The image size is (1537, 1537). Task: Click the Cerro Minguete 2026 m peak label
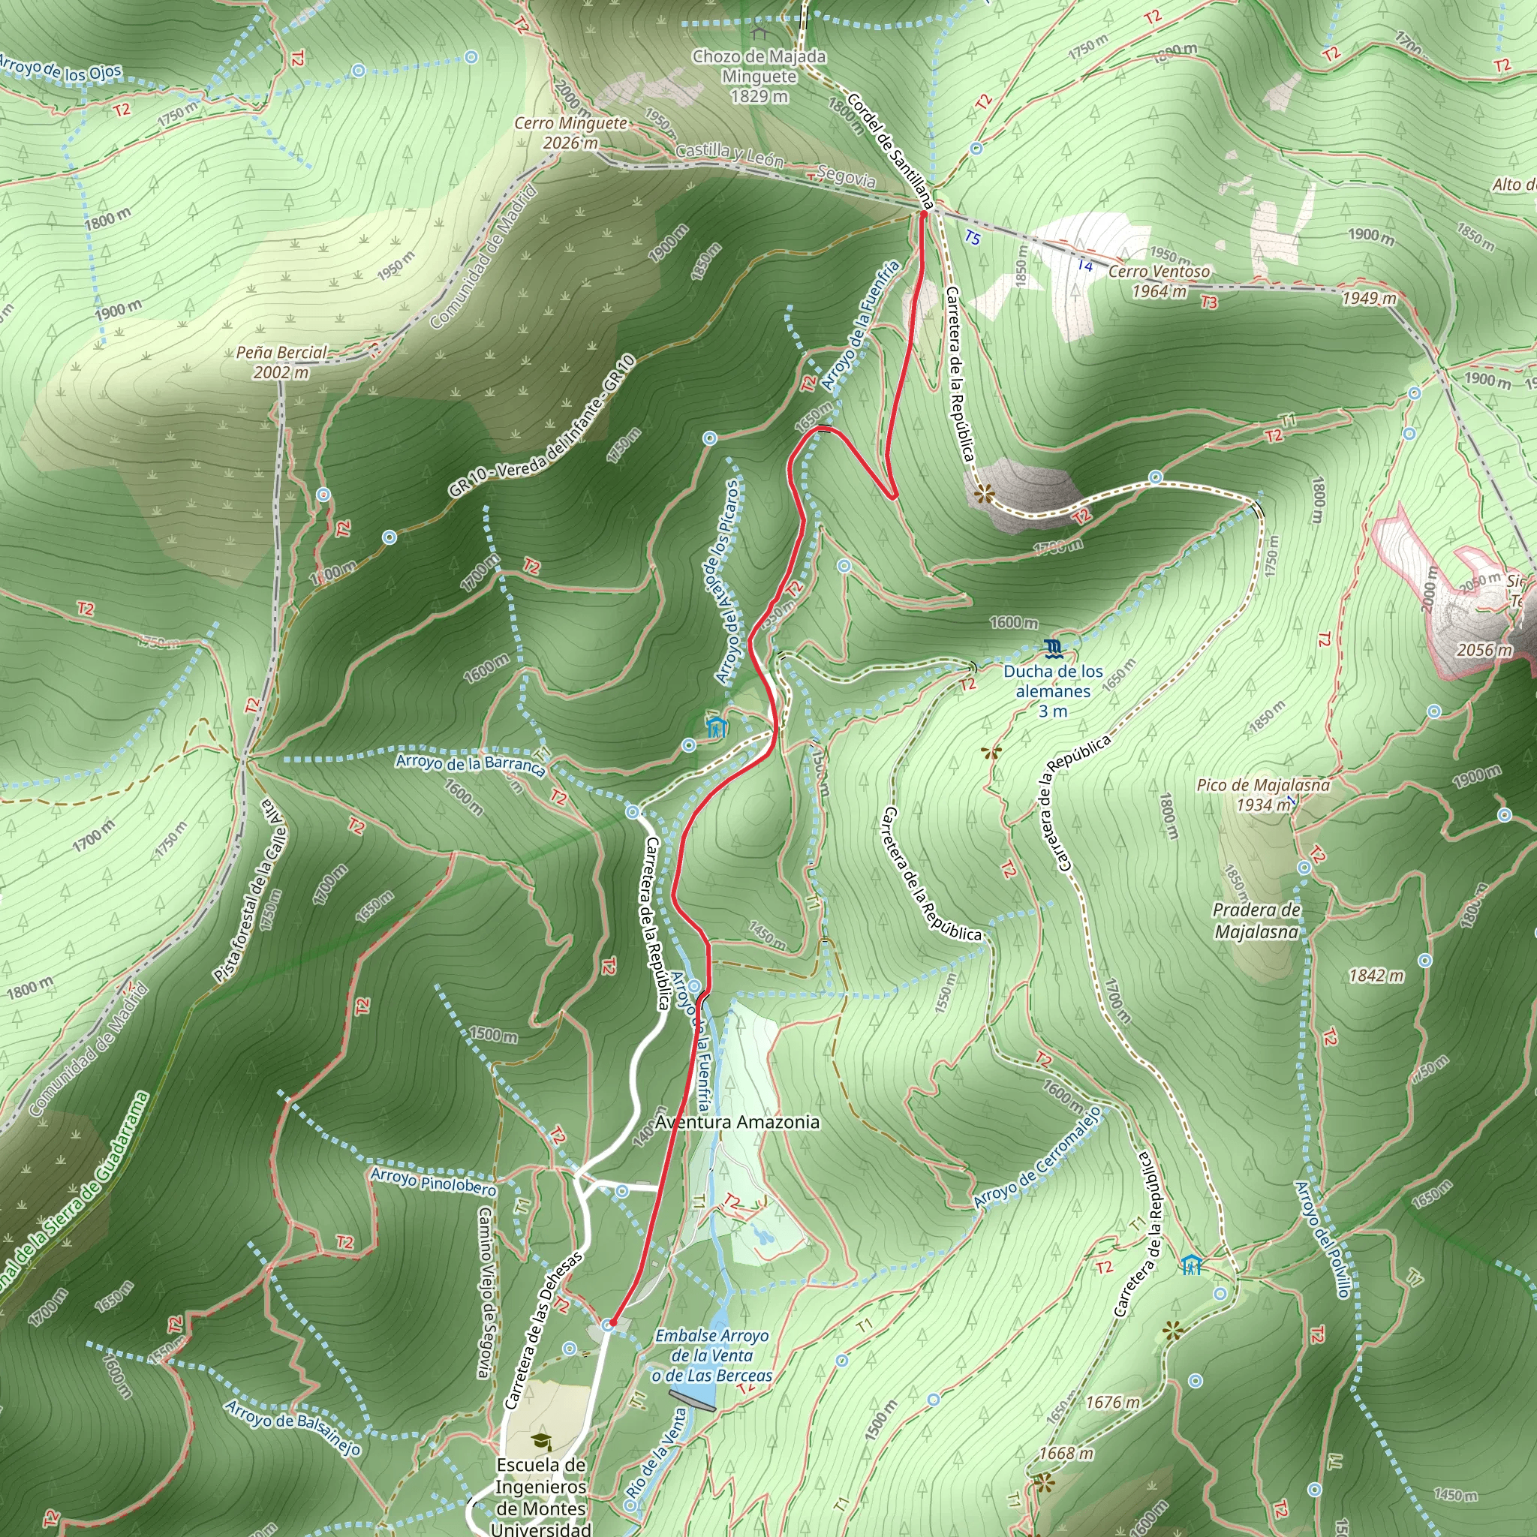(570, 133)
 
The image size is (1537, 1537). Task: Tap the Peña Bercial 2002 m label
(281, 362)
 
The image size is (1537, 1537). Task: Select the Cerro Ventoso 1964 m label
(1159, 281)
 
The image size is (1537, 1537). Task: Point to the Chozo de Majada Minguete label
(759, 76)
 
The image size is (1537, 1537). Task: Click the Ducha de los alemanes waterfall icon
(1053, 648)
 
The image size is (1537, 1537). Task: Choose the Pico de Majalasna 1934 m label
(1263, 795)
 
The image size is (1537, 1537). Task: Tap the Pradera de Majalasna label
(1257, 920)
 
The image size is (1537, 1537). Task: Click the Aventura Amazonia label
(737, 1122)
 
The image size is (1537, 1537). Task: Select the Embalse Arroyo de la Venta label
(711, 1355)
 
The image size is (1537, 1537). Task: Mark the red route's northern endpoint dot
(924, 213)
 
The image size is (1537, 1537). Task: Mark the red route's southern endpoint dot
(612, 1323)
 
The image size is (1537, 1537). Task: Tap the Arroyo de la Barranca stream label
(470, 764)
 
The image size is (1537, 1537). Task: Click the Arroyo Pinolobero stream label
(434, 1181)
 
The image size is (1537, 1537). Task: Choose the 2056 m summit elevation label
(1484, 649)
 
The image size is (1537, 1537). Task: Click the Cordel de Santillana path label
(889, 151)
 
